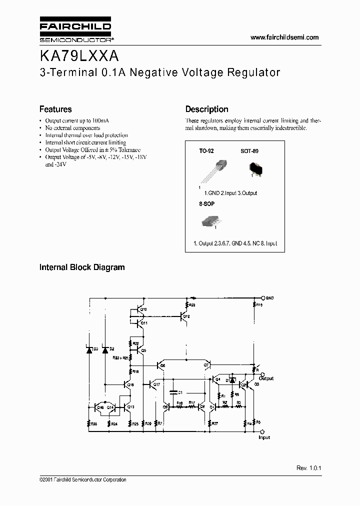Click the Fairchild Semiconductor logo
[x=75, y=30]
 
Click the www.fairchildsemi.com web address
[x=284, y=37]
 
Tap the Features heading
[x=55, y=109]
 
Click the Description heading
[x=206, y=109]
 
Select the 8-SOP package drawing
[x=212, y=221]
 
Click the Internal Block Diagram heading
[x=82, y=267]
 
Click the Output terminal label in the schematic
[x=266, y=378]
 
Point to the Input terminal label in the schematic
[x=264, y=437]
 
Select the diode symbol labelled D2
[x=105, y=349]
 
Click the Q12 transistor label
[x=186, y=317]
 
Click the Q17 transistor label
[x=156, y=384]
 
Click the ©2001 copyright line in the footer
[x=83, y=480]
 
